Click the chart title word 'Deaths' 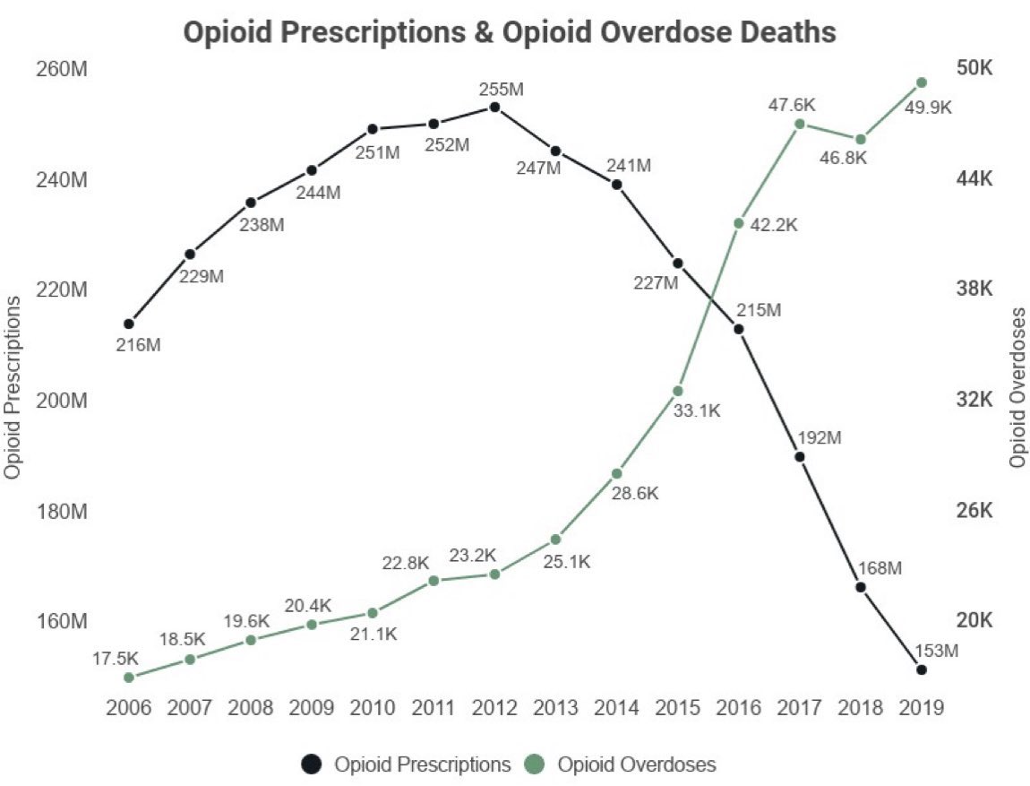pos(785,32)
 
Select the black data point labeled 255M pos(494,108)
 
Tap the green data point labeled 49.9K pos(922,82)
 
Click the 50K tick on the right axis pos(974,69)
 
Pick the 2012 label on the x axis pos(494,708)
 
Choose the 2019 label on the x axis pos(922,708)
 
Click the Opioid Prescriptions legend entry pos(407,764)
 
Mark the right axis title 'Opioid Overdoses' pos(1017,387)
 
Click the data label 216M pos(138,344)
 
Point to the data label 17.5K pos(113,658)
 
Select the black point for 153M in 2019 pos(922,669)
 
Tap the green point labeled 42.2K pos(739,222)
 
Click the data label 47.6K pos(792,104)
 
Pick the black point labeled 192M pos(800,457)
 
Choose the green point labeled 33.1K pos(678,391)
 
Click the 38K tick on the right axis pos(974,289)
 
